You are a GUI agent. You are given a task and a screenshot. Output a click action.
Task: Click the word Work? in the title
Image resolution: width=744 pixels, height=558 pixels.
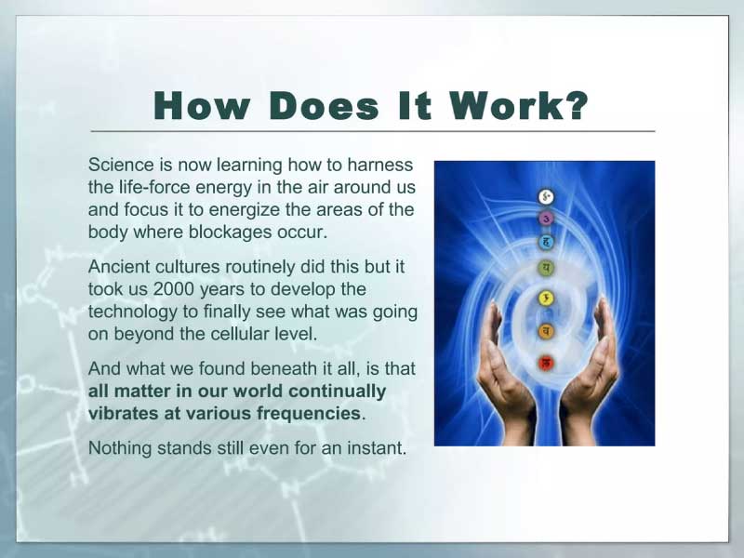tap(519, 105)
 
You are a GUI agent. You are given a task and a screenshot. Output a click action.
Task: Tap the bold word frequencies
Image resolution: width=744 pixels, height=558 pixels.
tap(309, 413)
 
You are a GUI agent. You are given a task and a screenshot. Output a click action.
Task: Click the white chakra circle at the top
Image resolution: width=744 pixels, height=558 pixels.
tap(546, 196)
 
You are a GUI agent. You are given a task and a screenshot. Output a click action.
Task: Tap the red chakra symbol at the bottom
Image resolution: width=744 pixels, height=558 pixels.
tap(546, 364)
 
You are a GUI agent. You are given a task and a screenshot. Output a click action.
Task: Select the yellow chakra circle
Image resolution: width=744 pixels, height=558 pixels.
tap(546, 299)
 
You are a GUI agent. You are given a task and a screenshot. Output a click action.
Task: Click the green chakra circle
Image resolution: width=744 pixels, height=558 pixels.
tap(546, 268)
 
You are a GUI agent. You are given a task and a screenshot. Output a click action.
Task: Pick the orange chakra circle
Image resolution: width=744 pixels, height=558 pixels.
tap(546, 331)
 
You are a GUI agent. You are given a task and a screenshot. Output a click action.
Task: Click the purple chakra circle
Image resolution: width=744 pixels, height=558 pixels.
tap(546, 219)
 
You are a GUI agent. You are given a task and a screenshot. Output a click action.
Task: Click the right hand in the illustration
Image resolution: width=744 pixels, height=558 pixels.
tap(589, 379)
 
